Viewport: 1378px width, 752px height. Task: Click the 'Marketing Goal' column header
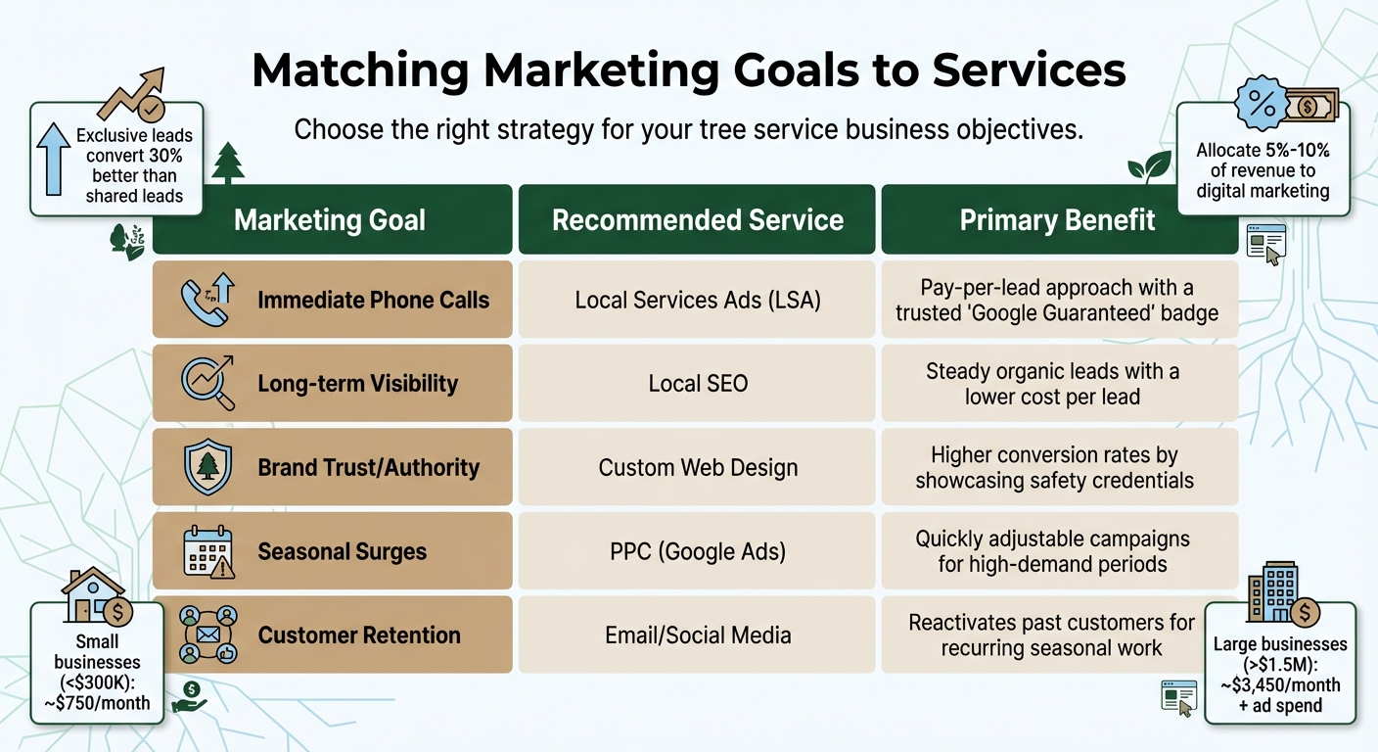point(330,220)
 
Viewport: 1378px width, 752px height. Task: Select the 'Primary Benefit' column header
point(1057,220)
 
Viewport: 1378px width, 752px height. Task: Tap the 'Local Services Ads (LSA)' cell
point(698,300)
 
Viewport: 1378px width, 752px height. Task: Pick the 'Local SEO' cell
point(698,384)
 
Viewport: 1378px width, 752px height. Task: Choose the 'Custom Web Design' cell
point(698,468)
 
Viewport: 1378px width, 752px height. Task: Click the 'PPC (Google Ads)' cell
point(698,551)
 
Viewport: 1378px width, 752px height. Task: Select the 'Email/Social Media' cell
point(698,635)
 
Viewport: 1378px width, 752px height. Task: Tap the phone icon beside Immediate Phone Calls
point(206,300)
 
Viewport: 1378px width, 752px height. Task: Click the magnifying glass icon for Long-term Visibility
point(207,383)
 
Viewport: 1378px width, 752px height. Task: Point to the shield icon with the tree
point(207,467)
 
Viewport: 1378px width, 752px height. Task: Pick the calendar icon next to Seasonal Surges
point(207,551)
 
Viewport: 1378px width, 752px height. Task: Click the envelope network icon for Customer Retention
point(207,634)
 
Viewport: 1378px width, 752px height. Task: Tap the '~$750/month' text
point(98,703)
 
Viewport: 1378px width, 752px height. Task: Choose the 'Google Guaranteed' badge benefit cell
point(1057,300)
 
